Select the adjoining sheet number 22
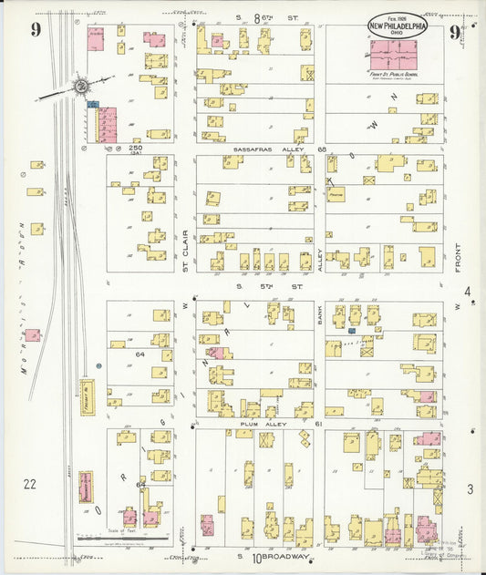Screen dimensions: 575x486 [31, 484]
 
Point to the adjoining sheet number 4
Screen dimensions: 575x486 [468, 293]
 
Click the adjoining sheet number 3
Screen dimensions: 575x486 [469, 490]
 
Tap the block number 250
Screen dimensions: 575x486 [137, 149]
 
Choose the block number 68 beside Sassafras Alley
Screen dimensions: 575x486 [321, 149]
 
